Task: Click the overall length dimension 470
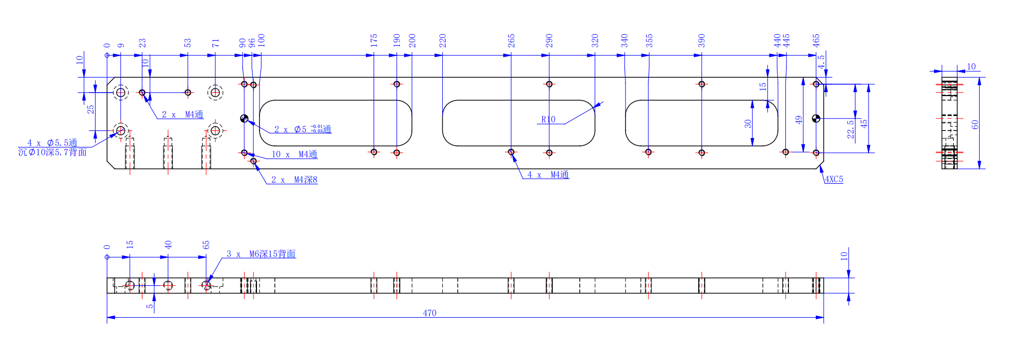429,313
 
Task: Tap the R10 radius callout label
548,120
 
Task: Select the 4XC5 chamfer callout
834,179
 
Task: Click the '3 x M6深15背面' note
261,254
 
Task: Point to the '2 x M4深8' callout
294,180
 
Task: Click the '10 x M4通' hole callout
294,154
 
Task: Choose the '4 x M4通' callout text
548,175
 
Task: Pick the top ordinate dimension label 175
374,40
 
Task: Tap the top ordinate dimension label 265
511,40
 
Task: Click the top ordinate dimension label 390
702,40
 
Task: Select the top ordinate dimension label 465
816,40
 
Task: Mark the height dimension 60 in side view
975,124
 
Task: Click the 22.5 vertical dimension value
851,129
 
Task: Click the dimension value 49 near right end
799,120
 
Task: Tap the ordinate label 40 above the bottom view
168,244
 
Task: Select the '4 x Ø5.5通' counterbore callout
52,143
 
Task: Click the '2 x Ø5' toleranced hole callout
302,129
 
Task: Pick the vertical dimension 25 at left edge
91,109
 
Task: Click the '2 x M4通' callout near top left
182,115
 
